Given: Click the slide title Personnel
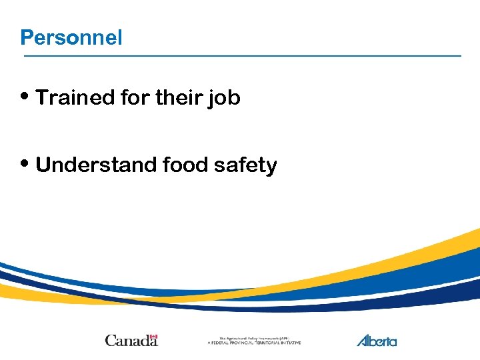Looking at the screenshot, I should click(71, 38).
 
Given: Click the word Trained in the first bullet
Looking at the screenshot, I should click(75, 98).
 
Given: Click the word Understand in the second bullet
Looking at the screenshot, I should click(95, 165).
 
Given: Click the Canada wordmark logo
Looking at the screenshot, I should click(131, 340).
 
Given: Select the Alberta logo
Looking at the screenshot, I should click(377, 341).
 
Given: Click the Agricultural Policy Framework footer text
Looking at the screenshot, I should click(254, 339).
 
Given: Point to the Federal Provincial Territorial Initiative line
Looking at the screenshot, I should click(254, 343).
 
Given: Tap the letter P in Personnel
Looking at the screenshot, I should click(26, 38).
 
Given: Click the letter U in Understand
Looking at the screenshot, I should click(43, 165).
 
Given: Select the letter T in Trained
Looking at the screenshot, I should click(42, 98).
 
